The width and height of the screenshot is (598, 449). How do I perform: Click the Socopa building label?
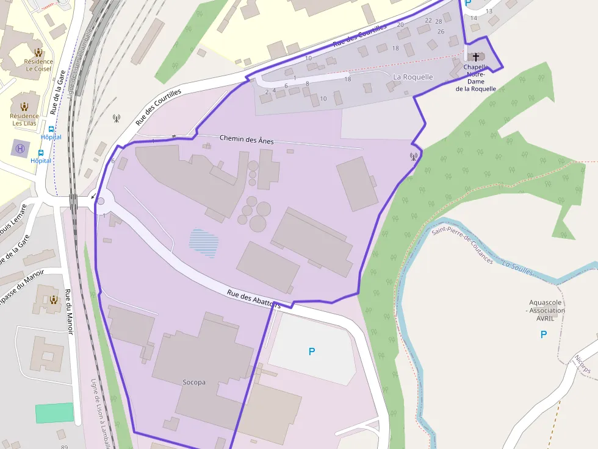[194, 383]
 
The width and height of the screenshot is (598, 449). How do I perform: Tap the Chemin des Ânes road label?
[247, 140]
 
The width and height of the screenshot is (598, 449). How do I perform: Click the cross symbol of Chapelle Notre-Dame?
[476, 56]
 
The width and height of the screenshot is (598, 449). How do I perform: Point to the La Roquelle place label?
[413, 77]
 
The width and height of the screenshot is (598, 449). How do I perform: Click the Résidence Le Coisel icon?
[39, 52]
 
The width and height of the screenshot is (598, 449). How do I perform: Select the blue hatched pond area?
[204, 242]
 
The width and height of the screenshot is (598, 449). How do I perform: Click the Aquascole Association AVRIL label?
[547, 310]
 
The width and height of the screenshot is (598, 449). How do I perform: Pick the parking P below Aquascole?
[544, 334]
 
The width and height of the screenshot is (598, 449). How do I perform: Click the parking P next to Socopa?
[312, 352]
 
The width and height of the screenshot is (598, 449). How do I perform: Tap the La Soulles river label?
[517, 267]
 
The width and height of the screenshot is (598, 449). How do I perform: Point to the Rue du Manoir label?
[69, 311]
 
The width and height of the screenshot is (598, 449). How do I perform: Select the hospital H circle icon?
[20, 148]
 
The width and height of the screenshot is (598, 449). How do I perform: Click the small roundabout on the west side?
[101, 201]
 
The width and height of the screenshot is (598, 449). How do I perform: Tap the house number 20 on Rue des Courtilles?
[400, 25]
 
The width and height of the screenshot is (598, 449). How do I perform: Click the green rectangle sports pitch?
[54, 412]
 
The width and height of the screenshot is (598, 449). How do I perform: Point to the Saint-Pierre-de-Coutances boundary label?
[462, 244]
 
